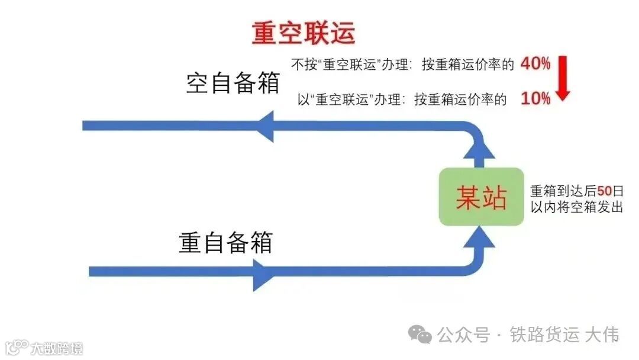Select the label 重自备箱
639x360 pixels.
225,242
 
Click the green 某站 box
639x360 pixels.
481,197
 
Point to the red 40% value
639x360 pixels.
535,65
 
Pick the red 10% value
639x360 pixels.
535,99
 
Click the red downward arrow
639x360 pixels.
562,79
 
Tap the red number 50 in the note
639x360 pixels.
603,191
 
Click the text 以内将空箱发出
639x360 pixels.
576,207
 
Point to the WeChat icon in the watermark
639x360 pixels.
422,335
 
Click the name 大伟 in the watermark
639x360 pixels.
602,335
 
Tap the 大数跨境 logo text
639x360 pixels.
57,348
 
